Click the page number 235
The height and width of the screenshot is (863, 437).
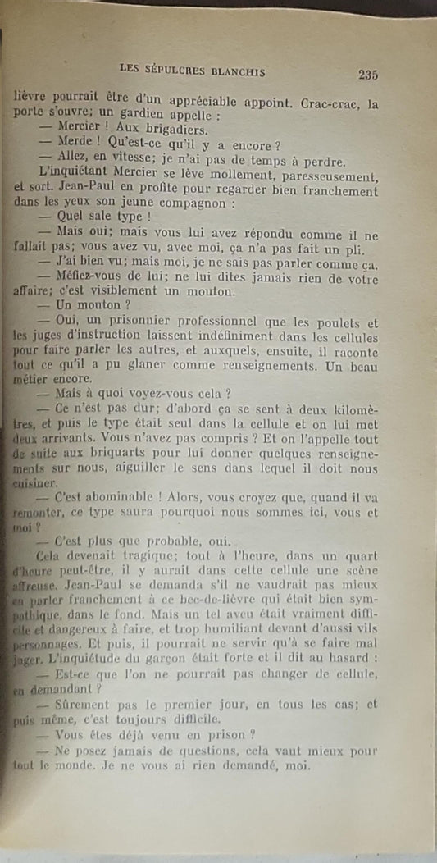[x=367, y=75]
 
